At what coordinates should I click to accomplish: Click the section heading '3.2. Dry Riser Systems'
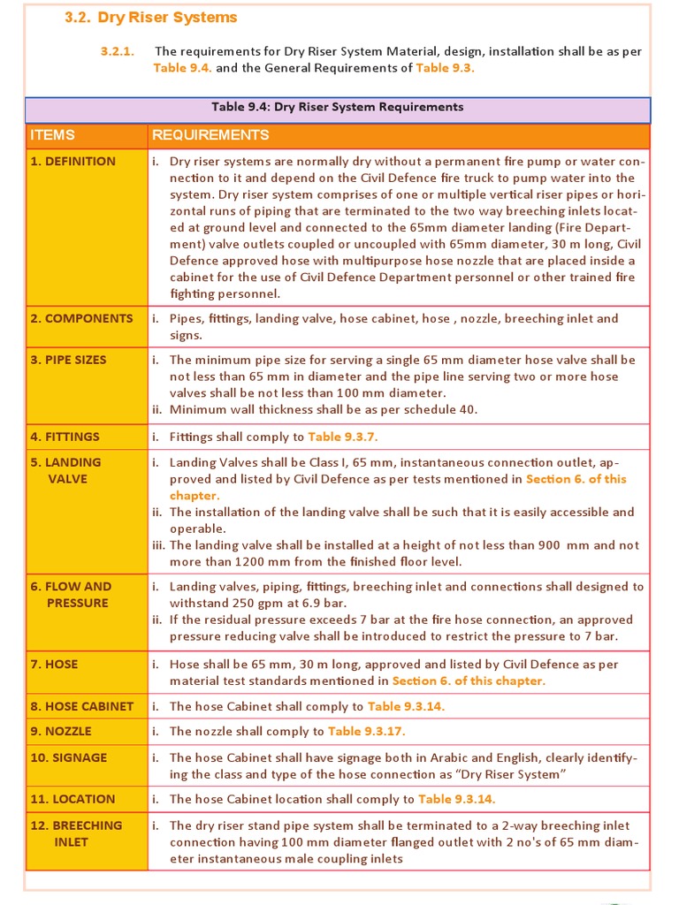(151, 18)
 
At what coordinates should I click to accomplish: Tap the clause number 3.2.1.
(117, 51)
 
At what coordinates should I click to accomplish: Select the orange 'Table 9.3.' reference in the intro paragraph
(445, 68)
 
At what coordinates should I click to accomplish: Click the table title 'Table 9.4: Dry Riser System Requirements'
(337, 107)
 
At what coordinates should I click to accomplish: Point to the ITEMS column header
(53, 135)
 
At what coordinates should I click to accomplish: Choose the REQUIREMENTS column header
(210, 135)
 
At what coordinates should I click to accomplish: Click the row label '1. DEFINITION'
(73, 162)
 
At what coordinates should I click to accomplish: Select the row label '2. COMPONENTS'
(81, 318)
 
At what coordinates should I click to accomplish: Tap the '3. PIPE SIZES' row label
(69, 360)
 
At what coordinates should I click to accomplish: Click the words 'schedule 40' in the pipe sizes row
(442, 409)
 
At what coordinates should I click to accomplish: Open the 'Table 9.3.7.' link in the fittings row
(343, 437)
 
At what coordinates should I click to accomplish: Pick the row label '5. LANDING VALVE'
(66, 470)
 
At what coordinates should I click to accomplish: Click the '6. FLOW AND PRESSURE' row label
(71, 595)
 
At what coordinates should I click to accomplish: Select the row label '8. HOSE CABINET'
(82, 706)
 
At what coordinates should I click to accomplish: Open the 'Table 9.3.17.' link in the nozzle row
(366, 731)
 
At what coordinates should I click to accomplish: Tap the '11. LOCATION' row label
(72, 799)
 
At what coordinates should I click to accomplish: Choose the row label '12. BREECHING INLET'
(76, 833)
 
